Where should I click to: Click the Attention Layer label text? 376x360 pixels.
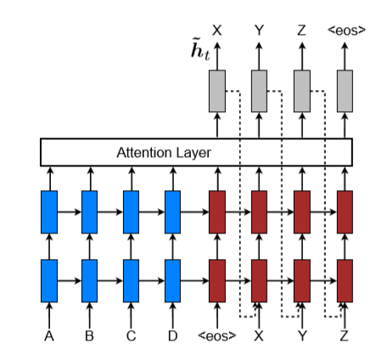point(163,153)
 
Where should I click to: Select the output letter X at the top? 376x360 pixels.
point(217,31)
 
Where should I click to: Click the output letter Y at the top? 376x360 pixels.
point(259,31)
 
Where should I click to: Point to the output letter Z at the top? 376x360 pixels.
point(301,31)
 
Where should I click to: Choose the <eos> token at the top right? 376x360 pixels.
point(346,31)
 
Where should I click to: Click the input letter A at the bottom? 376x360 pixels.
point(48,336)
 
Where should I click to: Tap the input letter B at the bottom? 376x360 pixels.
point(89,336)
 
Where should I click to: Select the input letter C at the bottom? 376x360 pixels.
point(131,336)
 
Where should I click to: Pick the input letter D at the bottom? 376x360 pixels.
point(172,336)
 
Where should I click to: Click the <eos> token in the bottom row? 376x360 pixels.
point(217,336)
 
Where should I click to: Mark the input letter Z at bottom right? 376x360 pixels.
point(345,336)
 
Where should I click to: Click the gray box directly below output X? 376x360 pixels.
point(217,91)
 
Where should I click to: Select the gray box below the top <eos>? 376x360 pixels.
point(345,91)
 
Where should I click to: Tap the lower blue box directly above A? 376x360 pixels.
point(48,280)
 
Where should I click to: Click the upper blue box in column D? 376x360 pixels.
point(172,211)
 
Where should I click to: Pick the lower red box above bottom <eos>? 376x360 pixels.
point(217,280)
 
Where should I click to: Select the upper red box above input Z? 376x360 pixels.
point(345,211)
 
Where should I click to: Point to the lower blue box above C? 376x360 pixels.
point(131,280)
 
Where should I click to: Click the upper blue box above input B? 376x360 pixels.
point(89,211)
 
